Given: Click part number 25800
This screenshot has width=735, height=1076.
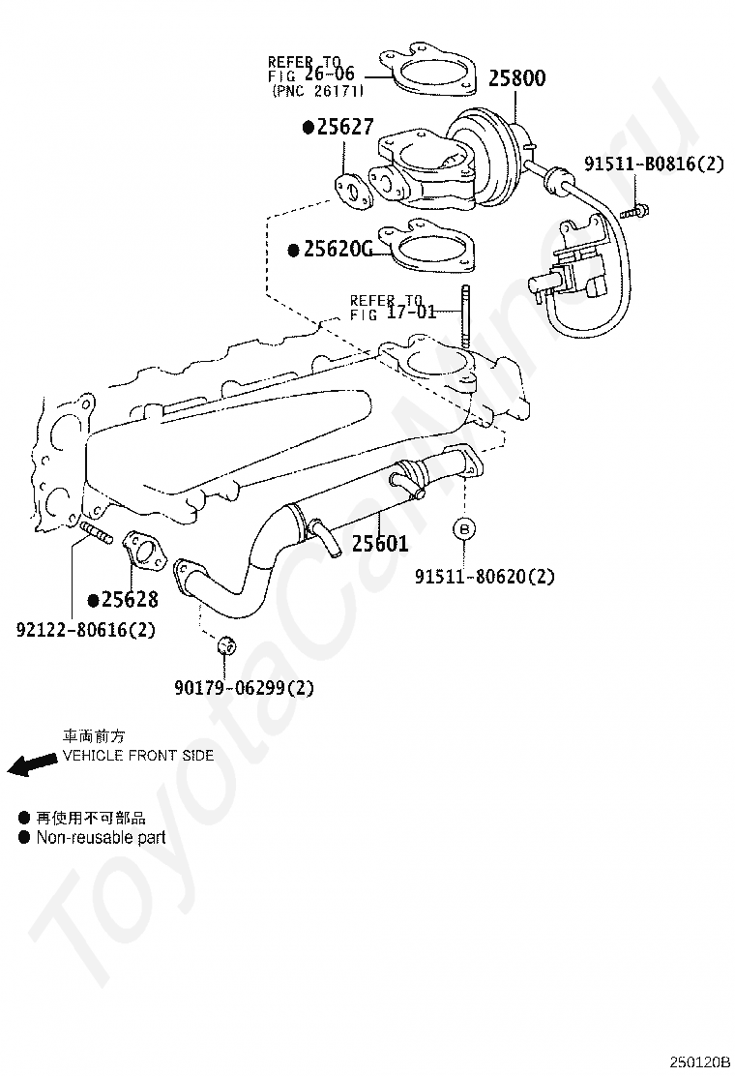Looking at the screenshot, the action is (x=517, y=78).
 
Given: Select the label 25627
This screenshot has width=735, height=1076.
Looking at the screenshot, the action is (x=345, y=127).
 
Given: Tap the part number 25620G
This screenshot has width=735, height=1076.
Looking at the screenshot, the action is (x=338, y=249).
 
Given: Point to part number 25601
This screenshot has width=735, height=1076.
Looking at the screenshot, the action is (x=380, y=544).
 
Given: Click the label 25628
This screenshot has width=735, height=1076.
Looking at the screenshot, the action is (x=130, y=600).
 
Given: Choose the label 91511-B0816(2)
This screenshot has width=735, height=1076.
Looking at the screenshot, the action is (x=654, y=164).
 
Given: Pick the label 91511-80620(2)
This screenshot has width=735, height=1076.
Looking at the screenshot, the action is (x=485, y=576).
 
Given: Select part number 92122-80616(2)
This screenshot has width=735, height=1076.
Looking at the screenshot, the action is (x=86, y=629).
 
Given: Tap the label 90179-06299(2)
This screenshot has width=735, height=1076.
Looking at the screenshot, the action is (x=244, y=687).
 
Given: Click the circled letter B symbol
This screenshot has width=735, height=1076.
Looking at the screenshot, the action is (x=464, y=529).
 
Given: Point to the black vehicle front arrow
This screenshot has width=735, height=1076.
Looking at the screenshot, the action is (x=32, y=763).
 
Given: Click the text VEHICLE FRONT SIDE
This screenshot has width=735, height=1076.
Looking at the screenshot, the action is (x=138, y=756).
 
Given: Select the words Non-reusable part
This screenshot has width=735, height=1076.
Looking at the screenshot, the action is (x=101, y=837).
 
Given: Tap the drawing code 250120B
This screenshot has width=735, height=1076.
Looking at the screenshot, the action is (x=699, y=1063).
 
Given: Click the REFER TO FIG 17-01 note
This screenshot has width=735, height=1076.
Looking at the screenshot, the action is (x=393, y=308).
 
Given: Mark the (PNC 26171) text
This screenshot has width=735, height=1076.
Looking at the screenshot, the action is (x=317, y=90).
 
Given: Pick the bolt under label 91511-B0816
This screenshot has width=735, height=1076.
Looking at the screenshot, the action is (x=634, y=211).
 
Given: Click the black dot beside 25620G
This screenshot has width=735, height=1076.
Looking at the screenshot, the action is (x=293, y=251).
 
